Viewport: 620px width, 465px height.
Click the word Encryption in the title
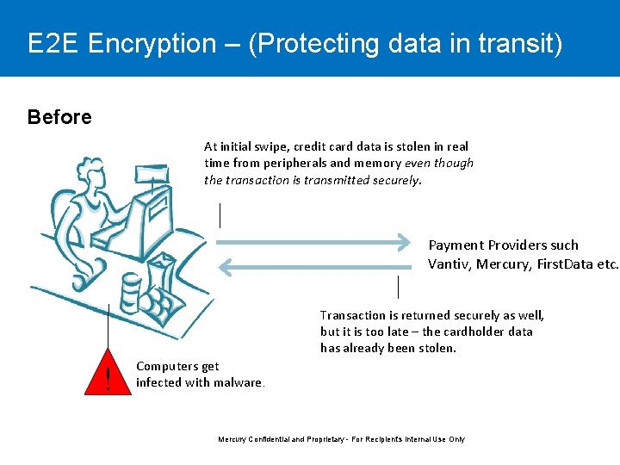(152, 44)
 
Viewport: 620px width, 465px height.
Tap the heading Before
(59, 117)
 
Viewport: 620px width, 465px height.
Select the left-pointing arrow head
(226, 267)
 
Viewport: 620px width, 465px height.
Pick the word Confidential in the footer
(272, 439)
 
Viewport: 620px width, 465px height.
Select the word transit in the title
(522, 44)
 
